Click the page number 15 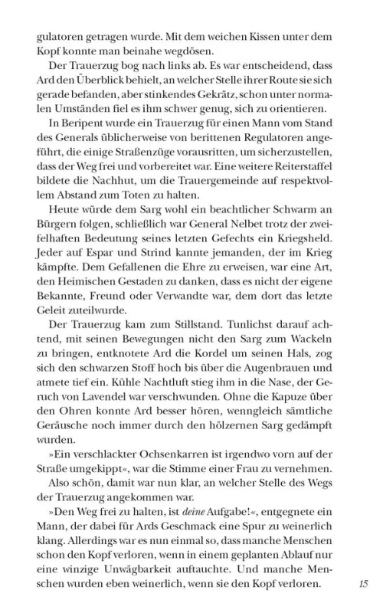pos(363,584)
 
